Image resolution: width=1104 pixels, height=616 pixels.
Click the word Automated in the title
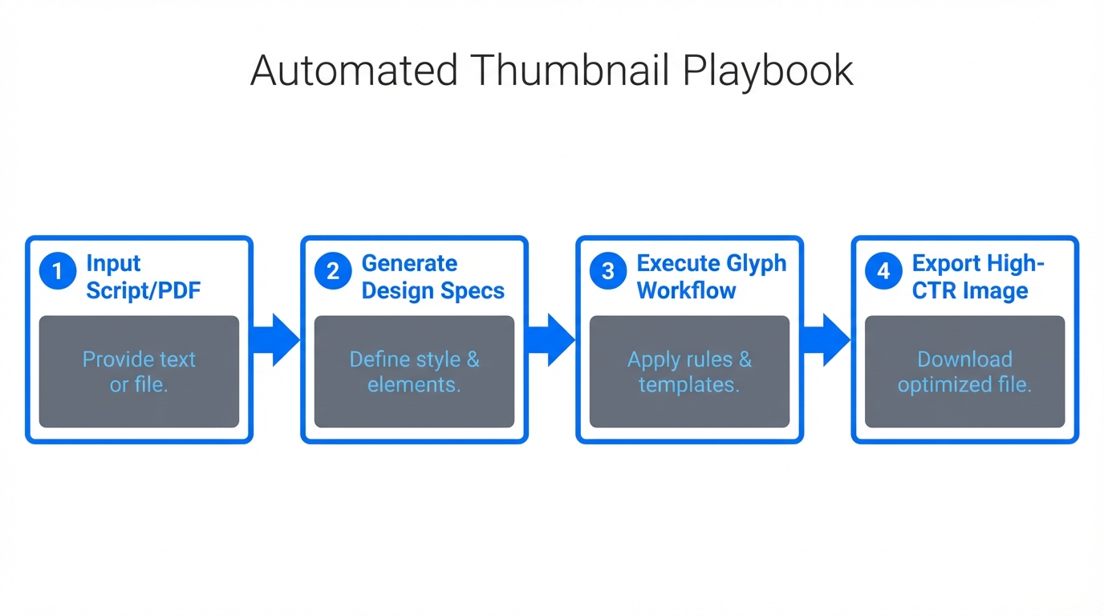(x=354, y=71)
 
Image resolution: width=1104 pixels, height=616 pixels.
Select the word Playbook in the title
(x=768, y=71)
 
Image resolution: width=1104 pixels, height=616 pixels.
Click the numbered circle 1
(x=58, y=272)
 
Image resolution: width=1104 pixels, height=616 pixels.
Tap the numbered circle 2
(x=333, y=272)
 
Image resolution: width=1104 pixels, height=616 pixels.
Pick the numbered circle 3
(x=608, y=272)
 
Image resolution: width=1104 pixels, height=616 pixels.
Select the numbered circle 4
(x=883, y=272)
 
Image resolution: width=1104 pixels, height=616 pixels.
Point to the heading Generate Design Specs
(x=432, y=277)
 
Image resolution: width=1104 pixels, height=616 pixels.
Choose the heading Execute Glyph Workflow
(x=711, y=277)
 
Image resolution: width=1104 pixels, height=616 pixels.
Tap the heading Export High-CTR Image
(x=977, y=277)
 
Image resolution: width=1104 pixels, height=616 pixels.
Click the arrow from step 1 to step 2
(x=276, y=340)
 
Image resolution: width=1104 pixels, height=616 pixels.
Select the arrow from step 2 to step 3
(x=551, y=340)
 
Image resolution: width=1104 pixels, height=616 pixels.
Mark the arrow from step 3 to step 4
(x=826, y=340)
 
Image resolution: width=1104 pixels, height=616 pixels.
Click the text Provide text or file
(x=139, y=371)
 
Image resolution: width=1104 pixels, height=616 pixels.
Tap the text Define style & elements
(x=414, y=371)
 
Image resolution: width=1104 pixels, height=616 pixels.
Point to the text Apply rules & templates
(x=689, y=371)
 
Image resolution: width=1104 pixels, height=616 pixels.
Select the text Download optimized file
(x=964, y=371)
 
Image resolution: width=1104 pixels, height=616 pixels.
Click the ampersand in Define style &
(x=473, y=359)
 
